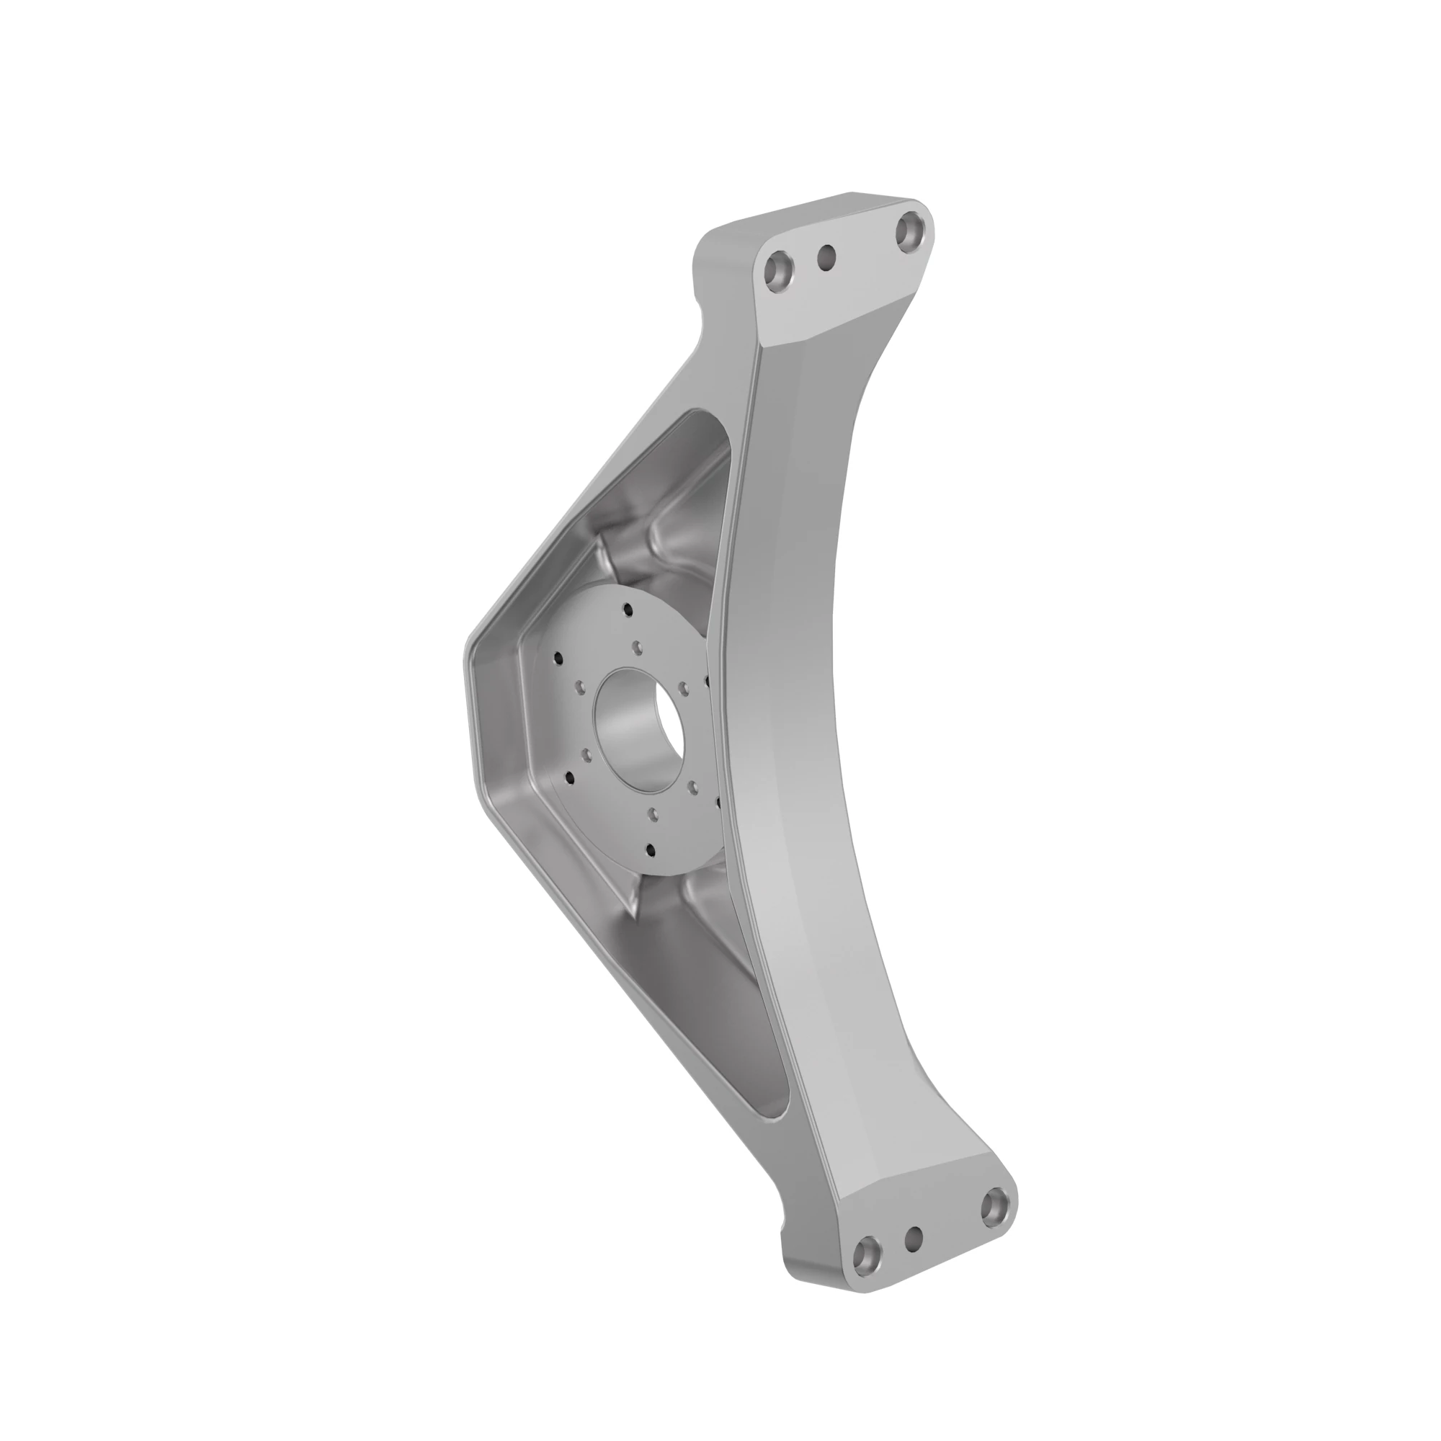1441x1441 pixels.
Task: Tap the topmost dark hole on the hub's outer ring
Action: pos(628,610)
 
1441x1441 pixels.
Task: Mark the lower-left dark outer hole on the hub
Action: pos(570,778)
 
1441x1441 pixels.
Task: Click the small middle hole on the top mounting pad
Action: pos(826,258)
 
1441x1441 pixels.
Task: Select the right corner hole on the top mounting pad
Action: pos(909,230)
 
